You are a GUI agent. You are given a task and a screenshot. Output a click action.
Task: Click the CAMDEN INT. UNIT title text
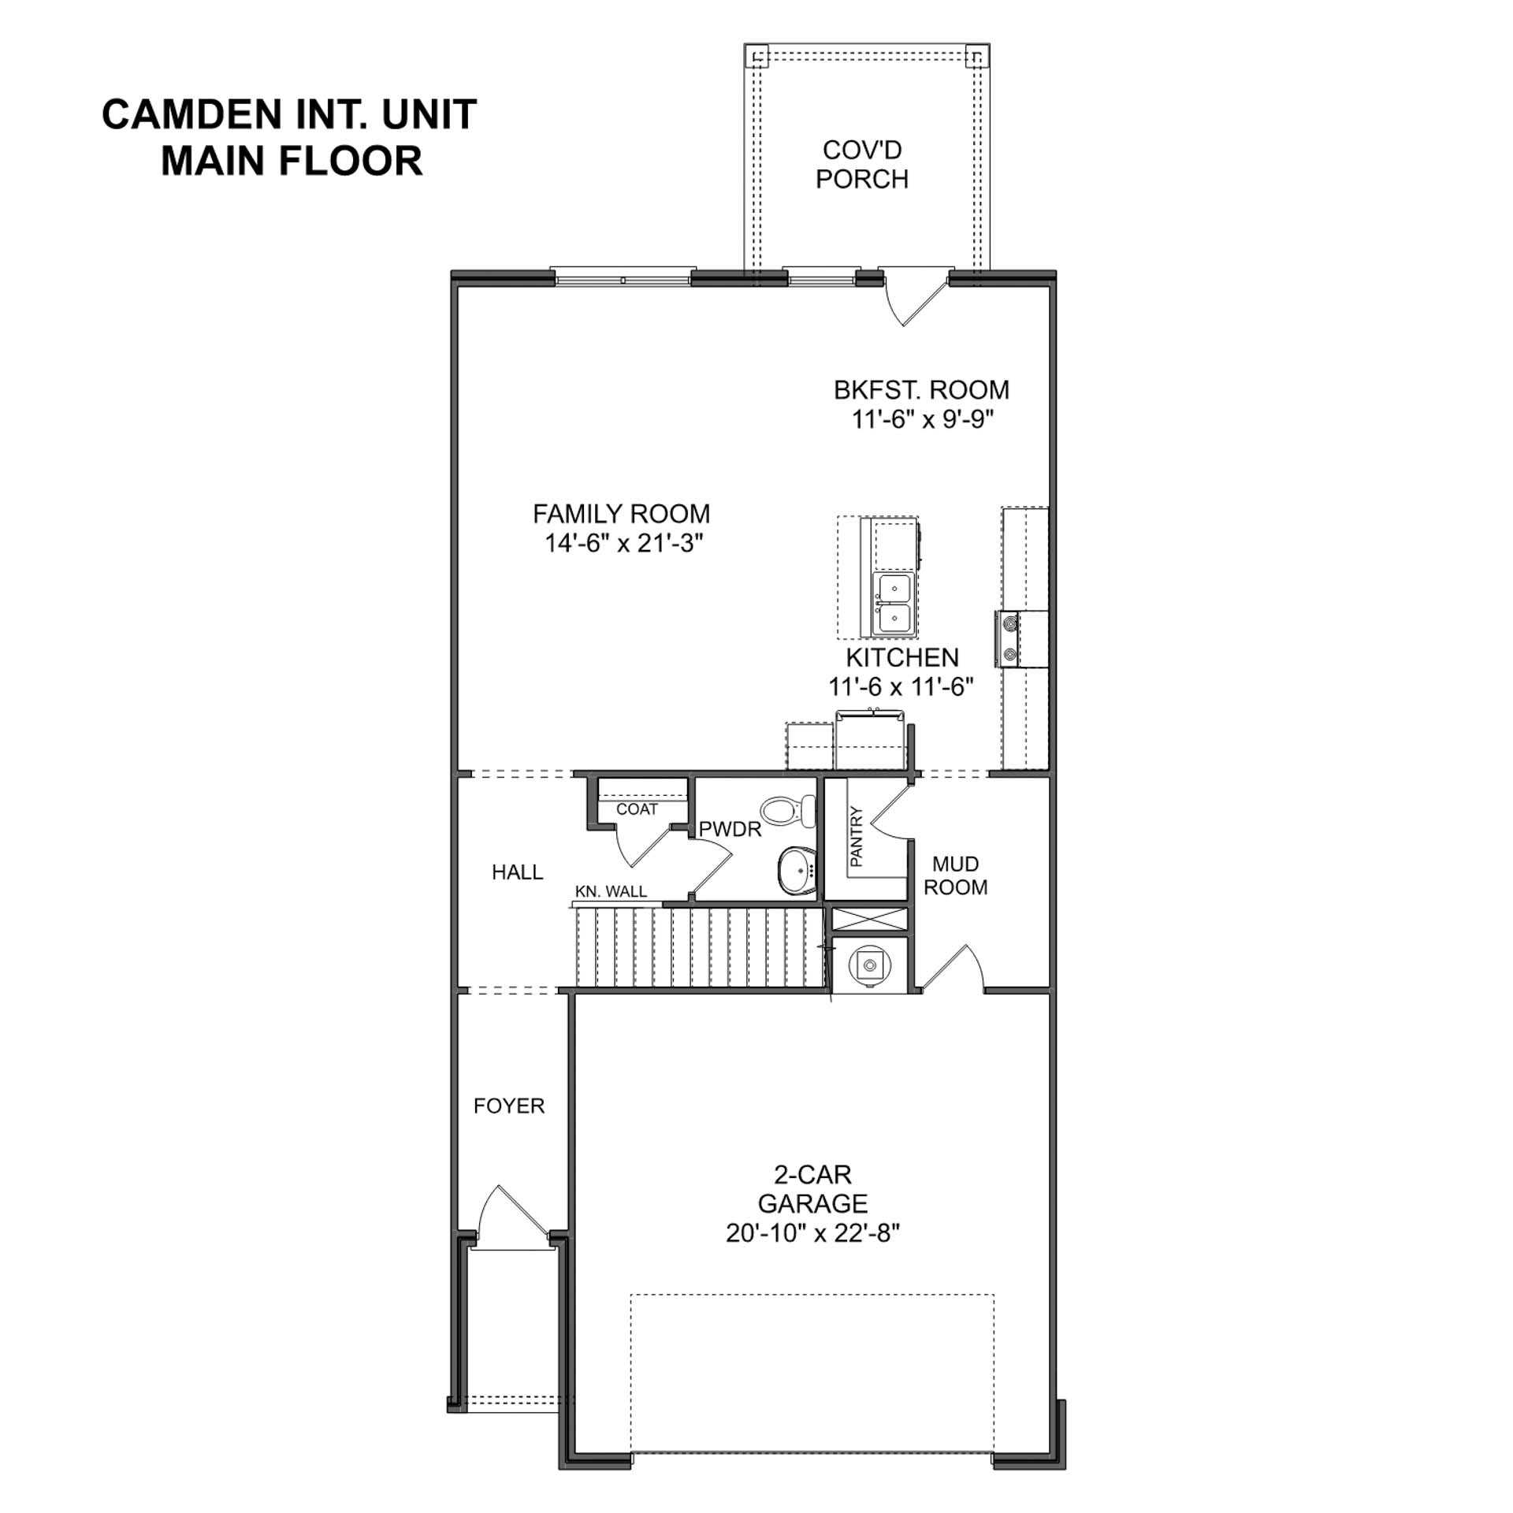click(x=289, y=115)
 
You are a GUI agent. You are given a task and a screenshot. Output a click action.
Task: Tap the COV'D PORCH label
click(x=861, y=165)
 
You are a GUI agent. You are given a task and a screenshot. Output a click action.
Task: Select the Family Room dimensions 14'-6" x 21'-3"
click(x=623, y=543)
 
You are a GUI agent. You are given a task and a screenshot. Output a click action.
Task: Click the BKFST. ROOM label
click(x=920, y=390)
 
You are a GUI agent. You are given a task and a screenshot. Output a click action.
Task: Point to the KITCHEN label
click(x=901, y=657)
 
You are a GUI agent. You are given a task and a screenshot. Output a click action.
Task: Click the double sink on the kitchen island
click(x=894, y=604)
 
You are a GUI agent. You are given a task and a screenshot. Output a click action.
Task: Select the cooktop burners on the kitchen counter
click(x=1009, y=639)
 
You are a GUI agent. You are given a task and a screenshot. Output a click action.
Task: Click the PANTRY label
click(x=857, y=836)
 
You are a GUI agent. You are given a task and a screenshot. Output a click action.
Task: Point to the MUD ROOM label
click(x=955, y=875)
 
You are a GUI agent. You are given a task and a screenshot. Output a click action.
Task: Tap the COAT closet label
click(x=637, y=809)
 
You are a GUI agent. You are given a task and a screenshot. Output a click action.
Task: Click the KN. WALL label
click(x=611, y=891)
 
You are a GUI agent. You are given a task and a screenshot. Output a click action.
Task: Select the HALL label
click(x=517, y=872)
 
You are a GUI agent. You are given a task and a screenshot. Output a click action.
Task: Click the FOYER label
click(x=509, y=1106)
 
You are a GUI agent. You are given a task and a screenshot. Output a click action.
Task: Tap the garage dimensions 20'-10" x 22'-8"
click(x=812, y=1233)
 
